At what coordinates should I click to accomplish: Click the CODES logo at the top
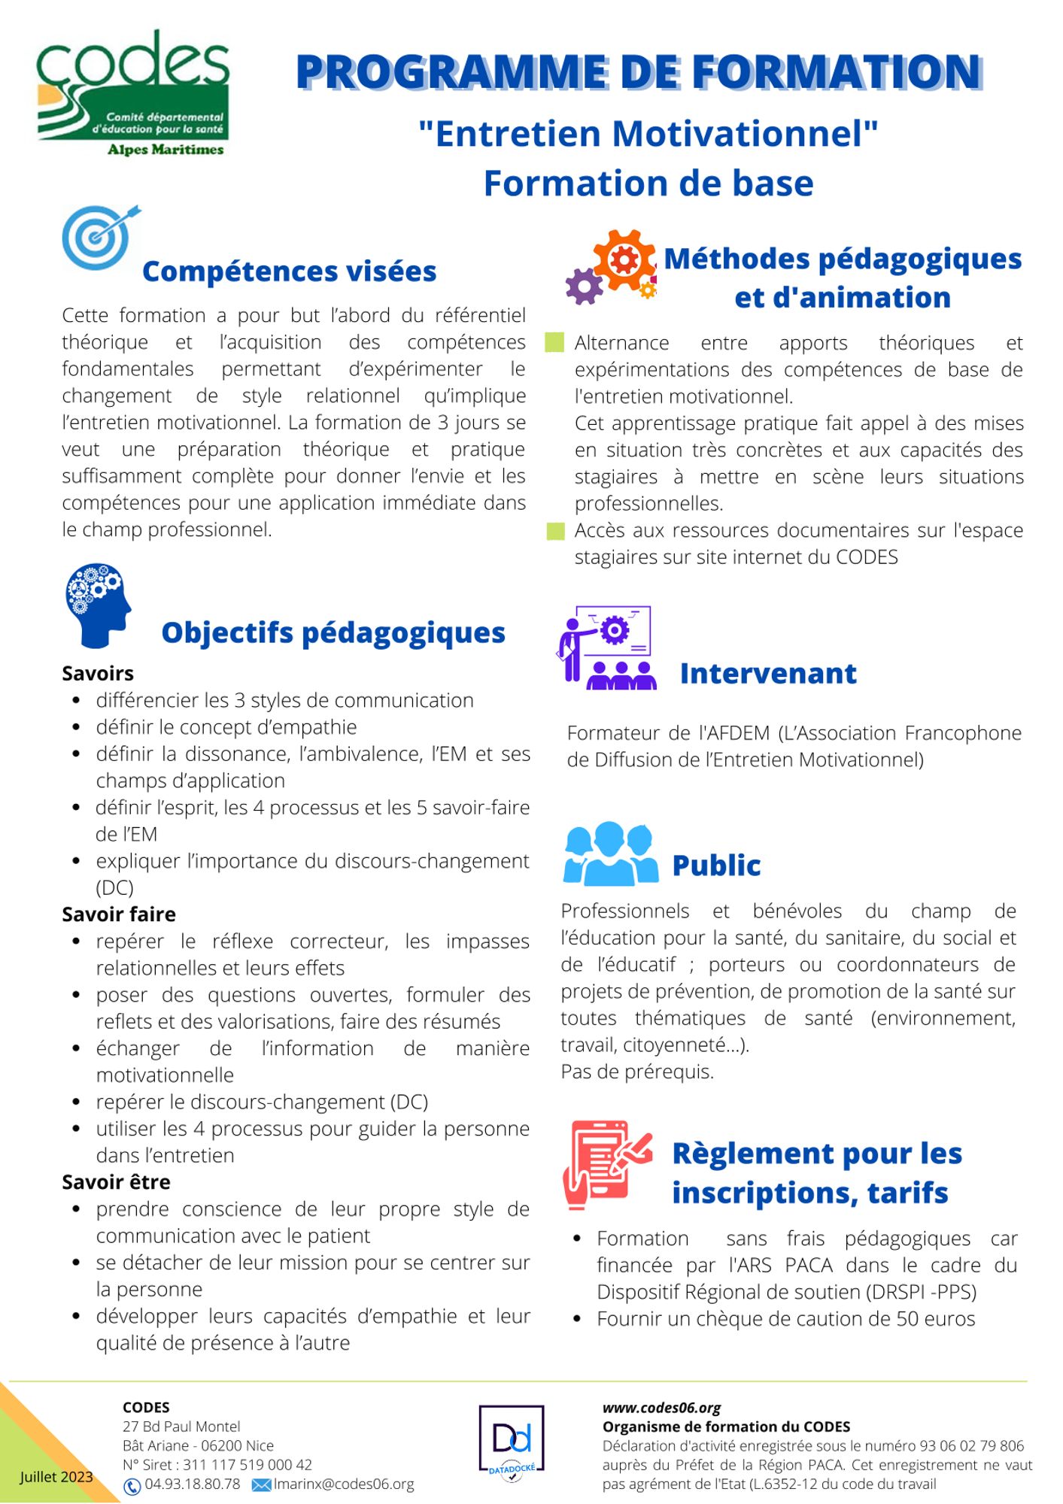pos(133,93)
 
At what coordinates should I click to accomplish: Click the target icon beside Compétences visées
pos(99,237)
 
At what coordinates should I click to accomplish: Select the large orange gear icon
pos(624,260)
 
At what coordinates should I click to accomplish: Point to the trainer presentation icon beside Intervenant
pos(606,647)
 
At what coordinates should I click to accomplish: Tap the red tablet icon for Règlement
pos(606,1165)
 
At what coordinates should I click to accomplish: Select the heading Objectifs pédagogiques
pos(333,632)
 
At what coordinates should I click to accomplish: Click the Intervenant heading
pos(768,674)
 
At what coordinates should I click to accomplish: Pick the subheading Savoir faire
pos(119,914)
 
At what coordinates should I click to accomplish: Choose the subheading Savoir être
pos(116,1182)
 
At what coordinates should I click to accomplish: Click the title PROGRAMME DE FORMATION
pos(639,73)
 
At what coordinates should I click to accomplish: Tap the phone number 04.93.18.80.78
pos(193,1484)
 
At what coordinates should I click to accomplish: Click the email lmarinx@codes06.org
pos(344,1484)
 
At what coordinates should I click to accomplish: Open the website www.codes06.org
pos(661,1408)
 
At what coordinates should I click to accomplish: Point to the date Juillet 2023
pos(56,1477)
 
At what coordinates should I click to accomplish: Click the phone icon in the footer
pos(132,1486)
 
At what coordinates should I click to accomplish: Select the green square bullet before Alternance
pos(555,343)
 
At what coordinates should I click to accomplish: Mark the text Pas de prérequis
pos(637,1072)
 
